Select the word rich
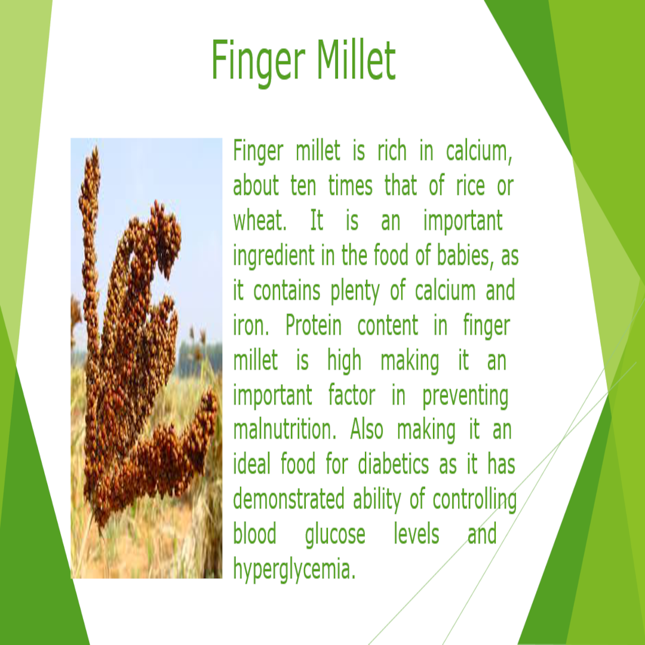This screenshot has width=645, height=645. (391, 151)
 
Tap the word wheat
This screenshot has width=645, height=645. (257, 222)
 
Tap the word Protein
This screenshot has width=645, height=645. (314, 327)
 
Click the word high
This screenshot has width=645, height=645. (344, 362)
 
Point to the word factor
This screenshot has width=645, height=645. (352, 396)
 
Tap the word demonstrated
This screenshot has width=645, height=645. (288, 499)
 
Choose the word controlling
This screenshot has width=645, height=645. (474, 500)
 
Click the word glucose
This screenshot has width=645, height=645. (334, 535)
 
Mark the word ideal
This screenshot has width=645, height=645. (251, 465)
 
